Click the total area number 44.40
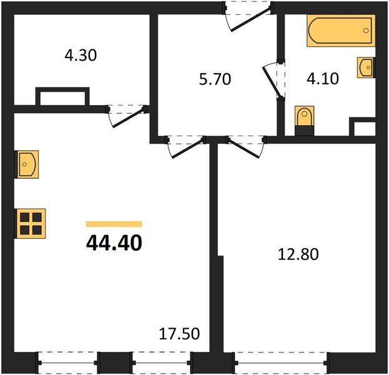[x=114, y=241]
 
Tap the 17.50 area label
[x=179, y=334]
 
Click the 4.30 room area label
[x=81, y=55]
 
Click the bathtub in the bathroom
[x=340, y=32]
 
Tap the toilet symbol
[x=304, y=117]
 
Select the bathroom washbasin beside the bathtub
[x=366, y=67]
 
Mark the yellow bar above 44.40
[x=114, y=223]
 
